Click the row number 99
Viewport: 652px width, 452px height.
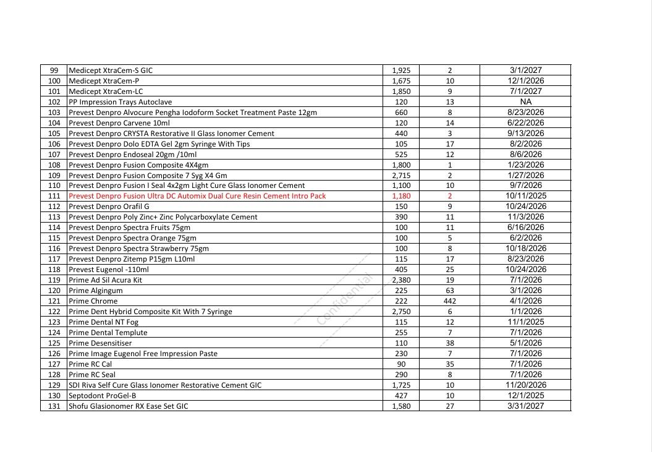tap(54, 70)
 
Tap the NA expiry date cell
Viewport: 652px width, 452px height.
tap(525, 102)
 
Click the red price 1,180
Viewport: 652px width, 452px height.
tap(401, 196)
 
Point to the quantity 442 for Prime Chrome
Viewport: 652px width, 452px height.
tap(450, 301)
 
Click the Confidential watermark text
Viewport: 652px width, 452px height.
tap(344, 299)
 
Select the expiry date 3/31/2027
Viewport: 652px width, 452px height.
tap(525, 406)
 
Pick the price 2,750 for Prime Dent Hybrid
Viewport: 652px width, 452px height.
tap(401, 312)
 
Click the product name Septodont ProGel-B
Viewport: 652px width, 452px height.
tap(103, 396)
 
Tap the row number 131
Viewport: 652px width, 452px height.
tap(54, 406)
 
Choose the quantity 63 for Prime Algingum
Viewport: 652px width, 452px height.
tap(450, 291)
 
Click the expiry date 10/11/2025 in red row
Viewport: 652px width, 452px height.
tap(525, 196)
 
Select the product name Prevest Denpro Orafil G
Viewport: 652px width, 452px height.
tap(109, 207)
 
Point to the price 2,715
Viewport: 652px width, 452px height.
tap(401, 176)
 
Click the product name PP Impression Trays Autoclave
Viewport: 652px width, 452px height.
tap(121, 102)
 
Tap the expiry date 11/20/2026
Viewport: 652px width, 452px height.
tap(525, 385)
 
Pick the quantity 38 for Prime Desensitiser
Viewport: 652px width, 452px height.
tap(450, 343)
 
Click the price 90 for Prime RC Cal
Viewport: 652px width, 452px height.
tap(401, 364)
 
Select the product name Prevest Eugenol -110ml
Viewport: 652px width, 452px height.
tap(109, 270)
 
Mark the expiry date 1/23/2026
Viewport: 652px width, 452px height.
tap(525, 165)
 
